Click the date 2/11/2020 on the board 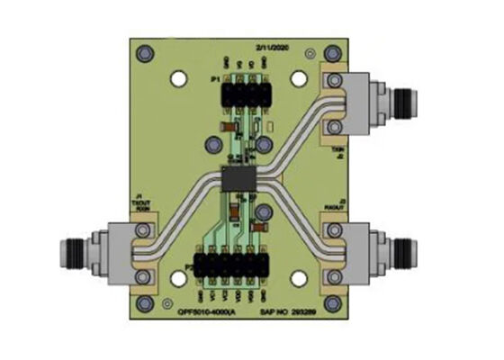pyautogui.click(x=272, y=44)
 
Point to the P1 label pyautogui.click(x=215, y=80)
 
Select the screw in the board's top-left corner pyautogui.click(x=143, y=55)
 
